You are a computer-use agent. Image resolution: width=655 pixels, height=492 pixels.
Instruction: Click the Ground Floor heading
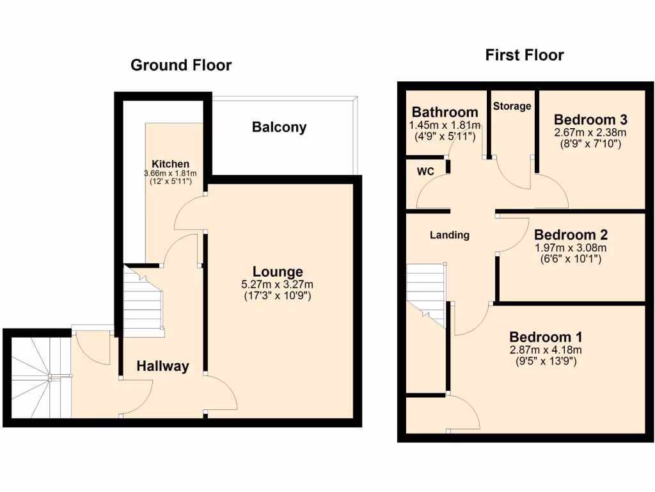tap(181, 65)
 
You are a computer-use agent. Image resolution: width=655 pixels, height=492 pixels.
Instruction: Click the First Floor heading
tap(525, 55)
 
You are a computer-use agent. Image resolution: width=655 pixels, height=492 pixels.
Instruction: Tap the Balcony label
tap(279, 127)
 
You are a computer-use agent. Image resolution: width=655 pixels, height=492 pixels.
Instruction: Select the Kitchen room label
tap(170, 164)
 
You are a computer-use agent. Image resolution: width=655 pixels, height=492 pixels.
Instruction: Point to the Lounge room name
tap(277, 272)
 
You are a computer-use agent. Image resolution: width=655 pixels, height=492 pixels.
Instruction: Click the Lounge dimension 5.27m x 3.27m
tap(277, 284)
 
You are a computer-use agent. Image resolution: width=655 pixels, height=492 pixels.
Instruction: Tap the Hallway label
tap(163, 366)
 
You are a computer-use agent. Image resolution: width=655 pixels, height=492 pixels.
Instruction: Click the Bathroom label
tap(445, 113)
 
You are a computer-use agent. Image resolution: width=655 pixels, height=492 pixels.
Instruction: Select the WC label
tap(425, 172)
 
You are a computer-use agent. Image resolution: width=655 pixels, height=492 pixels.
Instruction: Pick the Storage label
tap(512, 106)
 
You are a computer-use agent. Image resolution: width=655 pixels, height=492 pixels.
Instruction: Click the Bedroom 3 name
tap(590, 120)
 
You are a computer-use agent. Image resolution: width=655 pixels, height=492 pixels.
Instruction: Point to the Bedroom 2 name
tap(571, 234)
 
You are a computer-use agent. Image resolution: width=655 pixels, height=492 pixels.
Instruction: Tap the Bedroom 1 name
tap(546, 337)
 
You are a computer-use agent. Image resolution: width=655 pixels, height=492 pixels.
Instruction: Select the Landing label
tap(449, 235)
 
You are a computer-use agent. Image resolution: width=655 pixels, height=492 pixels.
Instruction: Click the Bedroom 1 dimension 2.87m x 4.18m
tap(546, 350)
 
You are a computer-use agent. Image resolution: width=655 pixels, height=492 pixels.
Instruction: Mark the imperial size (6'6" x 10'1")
tap(571, 259)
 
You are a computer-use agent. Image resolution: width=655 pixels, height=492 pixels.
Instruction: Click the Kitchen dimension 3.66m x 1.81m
tap(170, 174)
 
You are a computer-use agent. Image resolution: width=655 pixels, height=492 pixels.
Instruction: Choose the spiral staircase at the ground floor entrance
tap(37, 378)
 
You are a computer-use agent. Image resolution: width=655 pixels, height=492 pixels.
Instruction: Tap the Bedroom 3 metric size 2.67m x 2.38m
tap(590, 133)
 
